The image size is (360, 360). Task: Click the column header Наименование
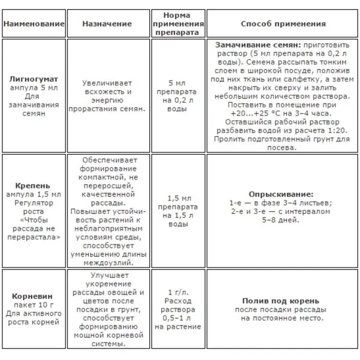pos(34,24)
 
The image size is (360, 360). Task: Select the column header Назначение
pos(107,24)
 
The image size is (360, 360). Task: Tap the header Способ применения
pos(283,24)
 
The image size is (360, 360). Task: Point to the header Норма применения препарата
pos(177,24)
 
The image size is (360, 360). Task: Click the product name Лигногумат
pos(34,80)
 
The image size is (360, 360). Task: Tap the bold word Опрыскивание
pos(281,194)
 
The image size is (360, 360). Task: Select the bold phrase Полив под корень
pos(281,301)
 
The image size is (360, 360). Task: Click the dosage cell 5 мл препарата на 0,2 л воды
pos(177,95)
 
